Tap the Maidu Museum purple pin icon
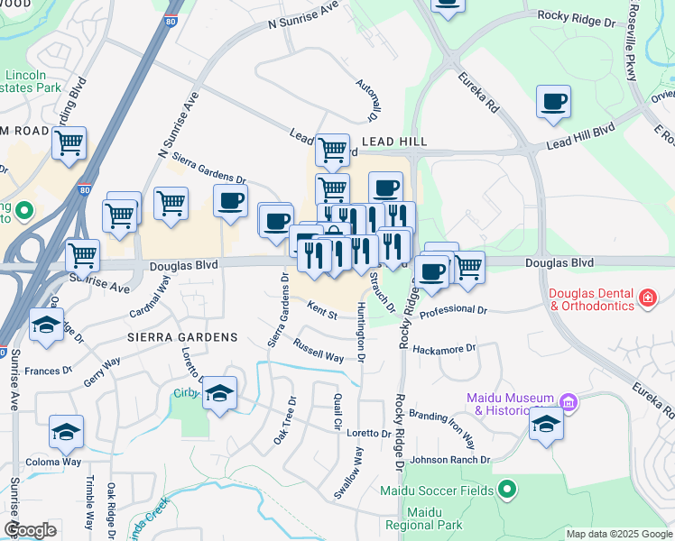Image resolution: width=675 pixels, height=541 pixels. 568,400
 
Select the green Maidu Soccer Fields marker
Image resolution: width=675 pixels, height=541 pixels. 506,490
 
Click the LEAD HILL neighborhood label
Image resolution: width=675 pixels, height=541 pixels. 393,142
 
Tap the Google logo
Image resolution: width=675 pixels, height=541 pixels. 30,530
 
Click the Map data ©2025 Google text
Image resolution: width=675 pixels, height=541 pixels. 619,534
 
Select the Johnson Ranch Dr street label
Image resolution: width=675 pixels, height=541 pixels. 449,460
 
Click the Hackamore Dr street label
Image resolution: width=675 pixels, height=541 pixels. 443,348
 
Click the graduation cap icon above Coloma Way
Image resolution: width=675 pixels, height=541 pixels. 66,433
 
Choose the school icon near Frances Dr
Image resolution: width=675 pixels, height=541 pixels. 45,326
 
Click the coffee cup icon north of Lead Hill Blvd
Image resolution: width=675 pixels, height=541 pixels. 553,102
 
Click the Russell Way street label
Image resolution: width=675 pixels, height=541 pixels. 319,350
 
